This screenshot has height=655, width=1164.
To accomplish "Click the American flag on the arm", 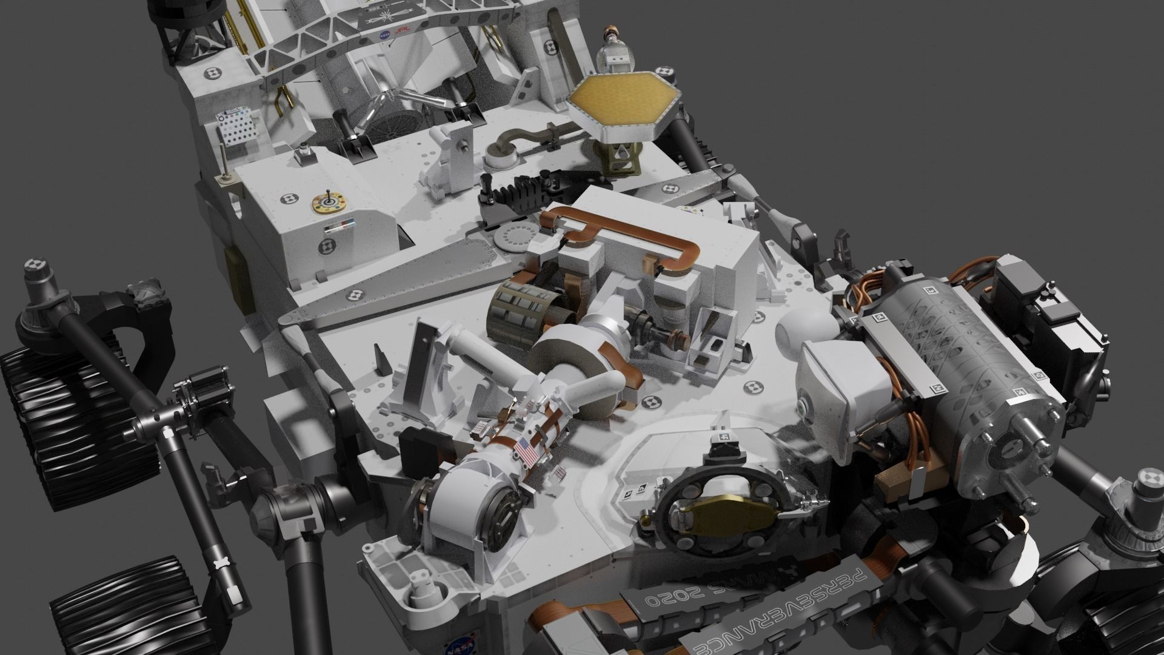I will [526, 452].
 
